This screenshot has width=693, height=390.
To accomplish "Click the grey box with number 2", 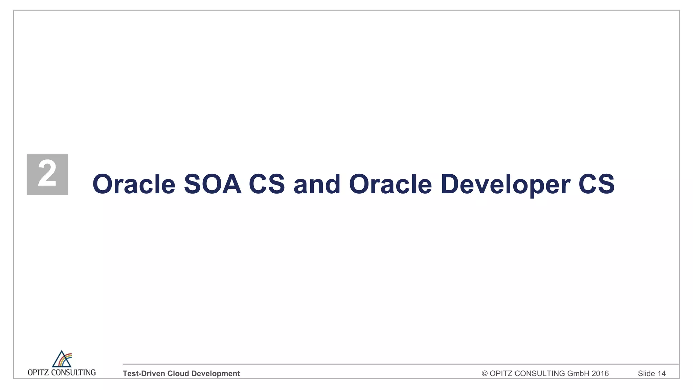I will pos(47,174).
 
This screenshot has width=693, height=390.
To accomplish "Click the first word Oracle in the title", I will pos(134,184).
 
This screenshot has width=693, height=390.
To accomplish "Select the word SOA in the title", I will pos(213,184).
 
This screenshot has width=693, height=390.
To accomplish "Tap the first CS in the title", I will pos(267,184).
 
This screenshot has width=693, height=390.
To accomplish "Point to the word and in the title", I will pos(317,184).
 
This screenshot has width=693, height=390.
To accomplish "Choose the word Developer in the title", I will pos(505,184).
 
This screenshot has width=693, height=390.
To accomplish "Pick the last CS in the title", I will pos(596,184).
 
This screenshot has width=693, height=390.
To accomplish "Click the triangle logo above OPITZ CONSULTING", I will pos(62,359).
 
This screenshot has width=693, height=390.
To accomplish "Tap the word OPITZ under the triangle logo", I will pos(38,373).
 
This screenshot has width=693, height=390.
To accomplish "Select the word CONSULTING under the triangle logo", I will pos(73,373).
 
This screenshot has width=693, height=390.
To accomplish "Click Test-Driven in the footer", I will pos(144,373).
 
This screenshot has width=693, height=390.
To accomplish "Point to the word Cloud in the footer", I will pos(178,373).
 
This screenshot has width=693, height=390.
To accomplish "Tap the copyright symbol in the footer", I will pos(485,373).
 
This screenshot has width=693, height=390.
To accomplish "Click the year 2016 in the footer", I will pos(600,373).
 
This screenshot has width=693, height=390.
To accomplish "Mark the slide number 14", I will pos(662,373).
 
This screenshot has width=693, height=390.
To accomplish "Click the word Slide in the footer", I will pos(646,373).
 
